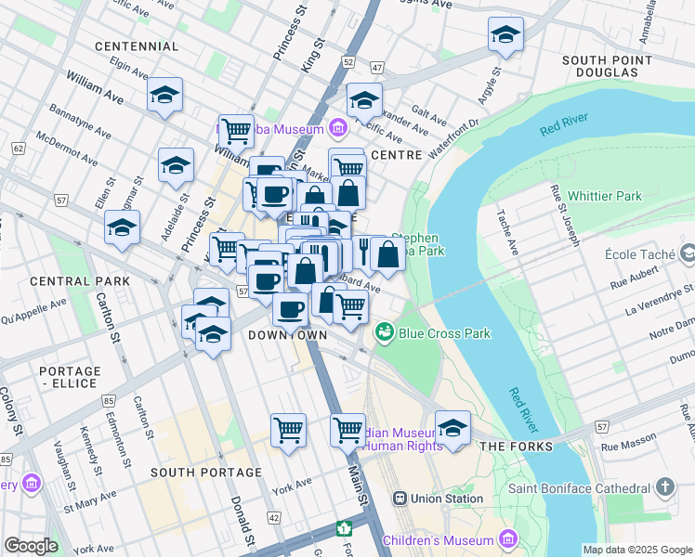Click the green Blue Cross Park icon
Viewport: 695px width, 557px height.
383,331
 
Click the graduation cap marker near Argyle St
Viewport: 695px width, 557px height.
505,36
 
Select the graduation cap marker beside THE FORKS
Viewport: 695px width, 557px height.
452,428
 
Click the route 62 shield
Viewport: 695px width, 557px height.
18,148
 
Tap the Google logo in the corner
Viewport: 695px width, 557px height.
31,545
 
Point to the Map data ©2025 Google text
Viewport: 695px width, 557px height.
637,550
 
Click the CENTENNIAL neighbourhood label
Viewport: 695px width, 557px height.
136,45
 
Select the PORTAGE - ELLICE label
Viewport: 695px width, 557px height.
69,377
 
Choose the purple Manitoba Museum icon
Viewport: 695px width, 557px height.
338,127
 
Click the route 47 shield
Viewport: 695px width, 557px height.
376,68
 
